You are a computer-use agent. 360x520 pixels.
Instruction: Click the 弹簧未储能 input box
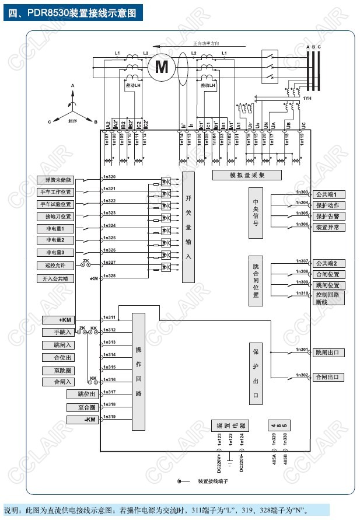point(55,180)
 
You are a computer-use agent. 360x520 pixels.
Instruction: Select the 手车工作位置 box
point(55,192)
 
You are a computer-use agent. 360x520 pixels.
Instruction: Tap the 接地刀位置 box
point(55,217)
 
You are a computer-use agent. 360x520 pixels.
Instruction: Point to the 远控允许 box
point(55,265)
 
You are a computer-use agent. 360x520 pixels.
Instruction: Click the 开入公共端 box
point(55,278)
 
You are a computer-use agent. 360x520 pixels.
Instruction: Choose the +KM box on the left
point(64,320)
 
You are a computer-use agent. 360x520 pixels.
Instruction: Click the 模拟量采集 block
point(247,175)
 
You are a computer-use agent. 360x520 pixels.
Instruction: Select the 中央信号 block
point(256,214)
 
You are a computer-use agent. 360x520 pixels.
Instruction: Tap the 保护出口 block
point(256,373)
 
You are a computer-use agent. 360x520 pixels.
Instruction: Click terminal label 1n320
point(109,176)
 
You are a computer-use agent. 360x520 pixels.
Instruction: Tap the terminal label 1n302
point(302,375)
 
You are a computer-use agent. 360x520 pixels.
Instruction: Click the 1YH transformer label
point(306,99)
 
